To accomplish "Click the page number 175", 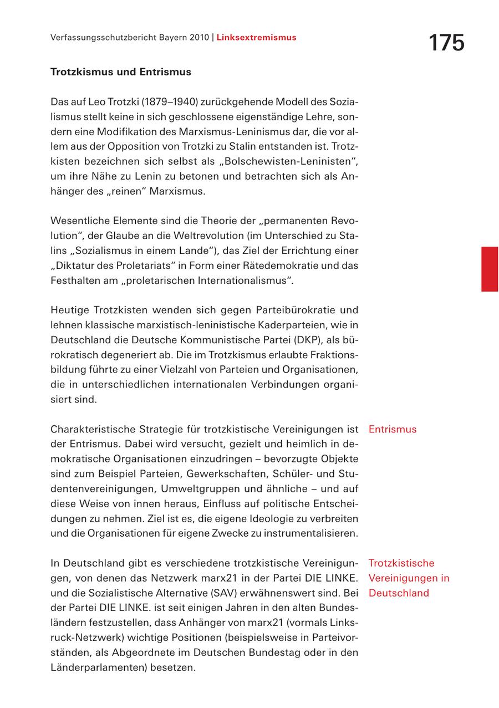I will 446,43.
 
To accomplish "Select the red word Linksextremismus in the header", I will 256,38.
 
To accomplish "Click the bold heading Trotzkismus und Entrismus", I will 121,72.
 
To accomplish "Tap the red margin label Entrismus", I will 392,429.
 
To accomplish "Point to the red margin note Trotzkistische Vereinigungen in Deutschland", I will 409,578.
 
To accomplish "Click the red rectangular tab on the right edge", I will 489,269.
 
